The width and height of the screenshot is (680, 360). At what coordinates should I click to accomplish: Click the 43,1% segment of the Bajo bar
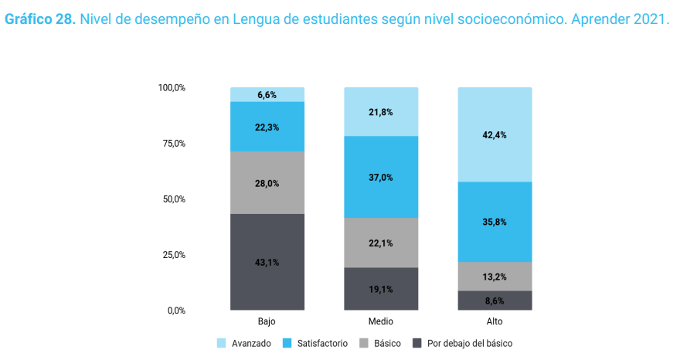coord(267,262)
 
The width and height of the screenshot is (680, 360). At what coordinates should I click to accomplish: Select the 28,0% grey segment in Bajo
coord(267,182)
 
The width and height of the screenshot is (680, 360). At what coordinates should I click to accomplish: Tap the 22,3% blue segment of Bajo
coord(267,127)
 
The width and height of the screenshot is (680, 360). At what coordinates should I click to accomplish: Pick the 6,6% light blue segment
coord(267,94)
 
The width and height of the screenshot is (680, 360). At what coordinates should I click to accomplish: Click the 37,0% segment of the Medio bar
coord(381,177)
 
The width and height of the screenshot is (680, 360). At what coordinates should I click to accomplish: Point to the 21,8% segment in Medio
coord(381,112)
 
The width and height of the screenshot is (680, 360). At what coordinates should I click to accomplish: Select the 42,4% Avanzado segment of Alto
coord(495,134)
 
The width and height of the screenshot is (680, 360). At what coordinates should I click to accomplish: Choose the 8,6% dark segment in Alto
coord(495,301)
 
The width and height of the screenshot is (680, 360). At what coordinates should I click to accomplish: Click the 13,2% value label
coord(495,277)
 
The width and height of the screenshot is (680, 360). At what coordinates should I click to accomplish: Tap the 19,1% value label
coord(381,290)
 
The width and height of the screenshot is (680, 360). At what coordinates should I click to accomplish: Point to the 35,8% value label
coord(495,222)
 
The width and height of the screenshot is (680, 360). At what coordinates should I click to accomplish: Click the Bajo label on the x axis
coord(267,321)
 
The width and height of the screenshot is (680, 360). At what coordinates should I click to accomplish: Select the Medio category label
coord(381,321)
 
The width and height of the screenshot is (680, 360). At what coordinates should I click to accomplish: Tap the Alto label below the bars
coord(495,321)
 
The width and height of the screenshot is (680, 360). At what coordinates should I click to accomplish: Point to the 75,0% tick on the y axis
coord(172,144)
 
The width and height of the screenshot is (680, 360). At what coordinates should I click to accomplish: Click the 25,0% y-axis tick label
coord(172,255)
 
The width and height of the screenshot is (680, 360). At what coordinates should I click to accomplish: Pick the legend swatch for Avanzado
coord(222,343)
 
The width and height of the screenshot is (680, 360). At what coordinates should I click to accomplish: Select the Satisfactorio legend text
coord(321,343)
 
